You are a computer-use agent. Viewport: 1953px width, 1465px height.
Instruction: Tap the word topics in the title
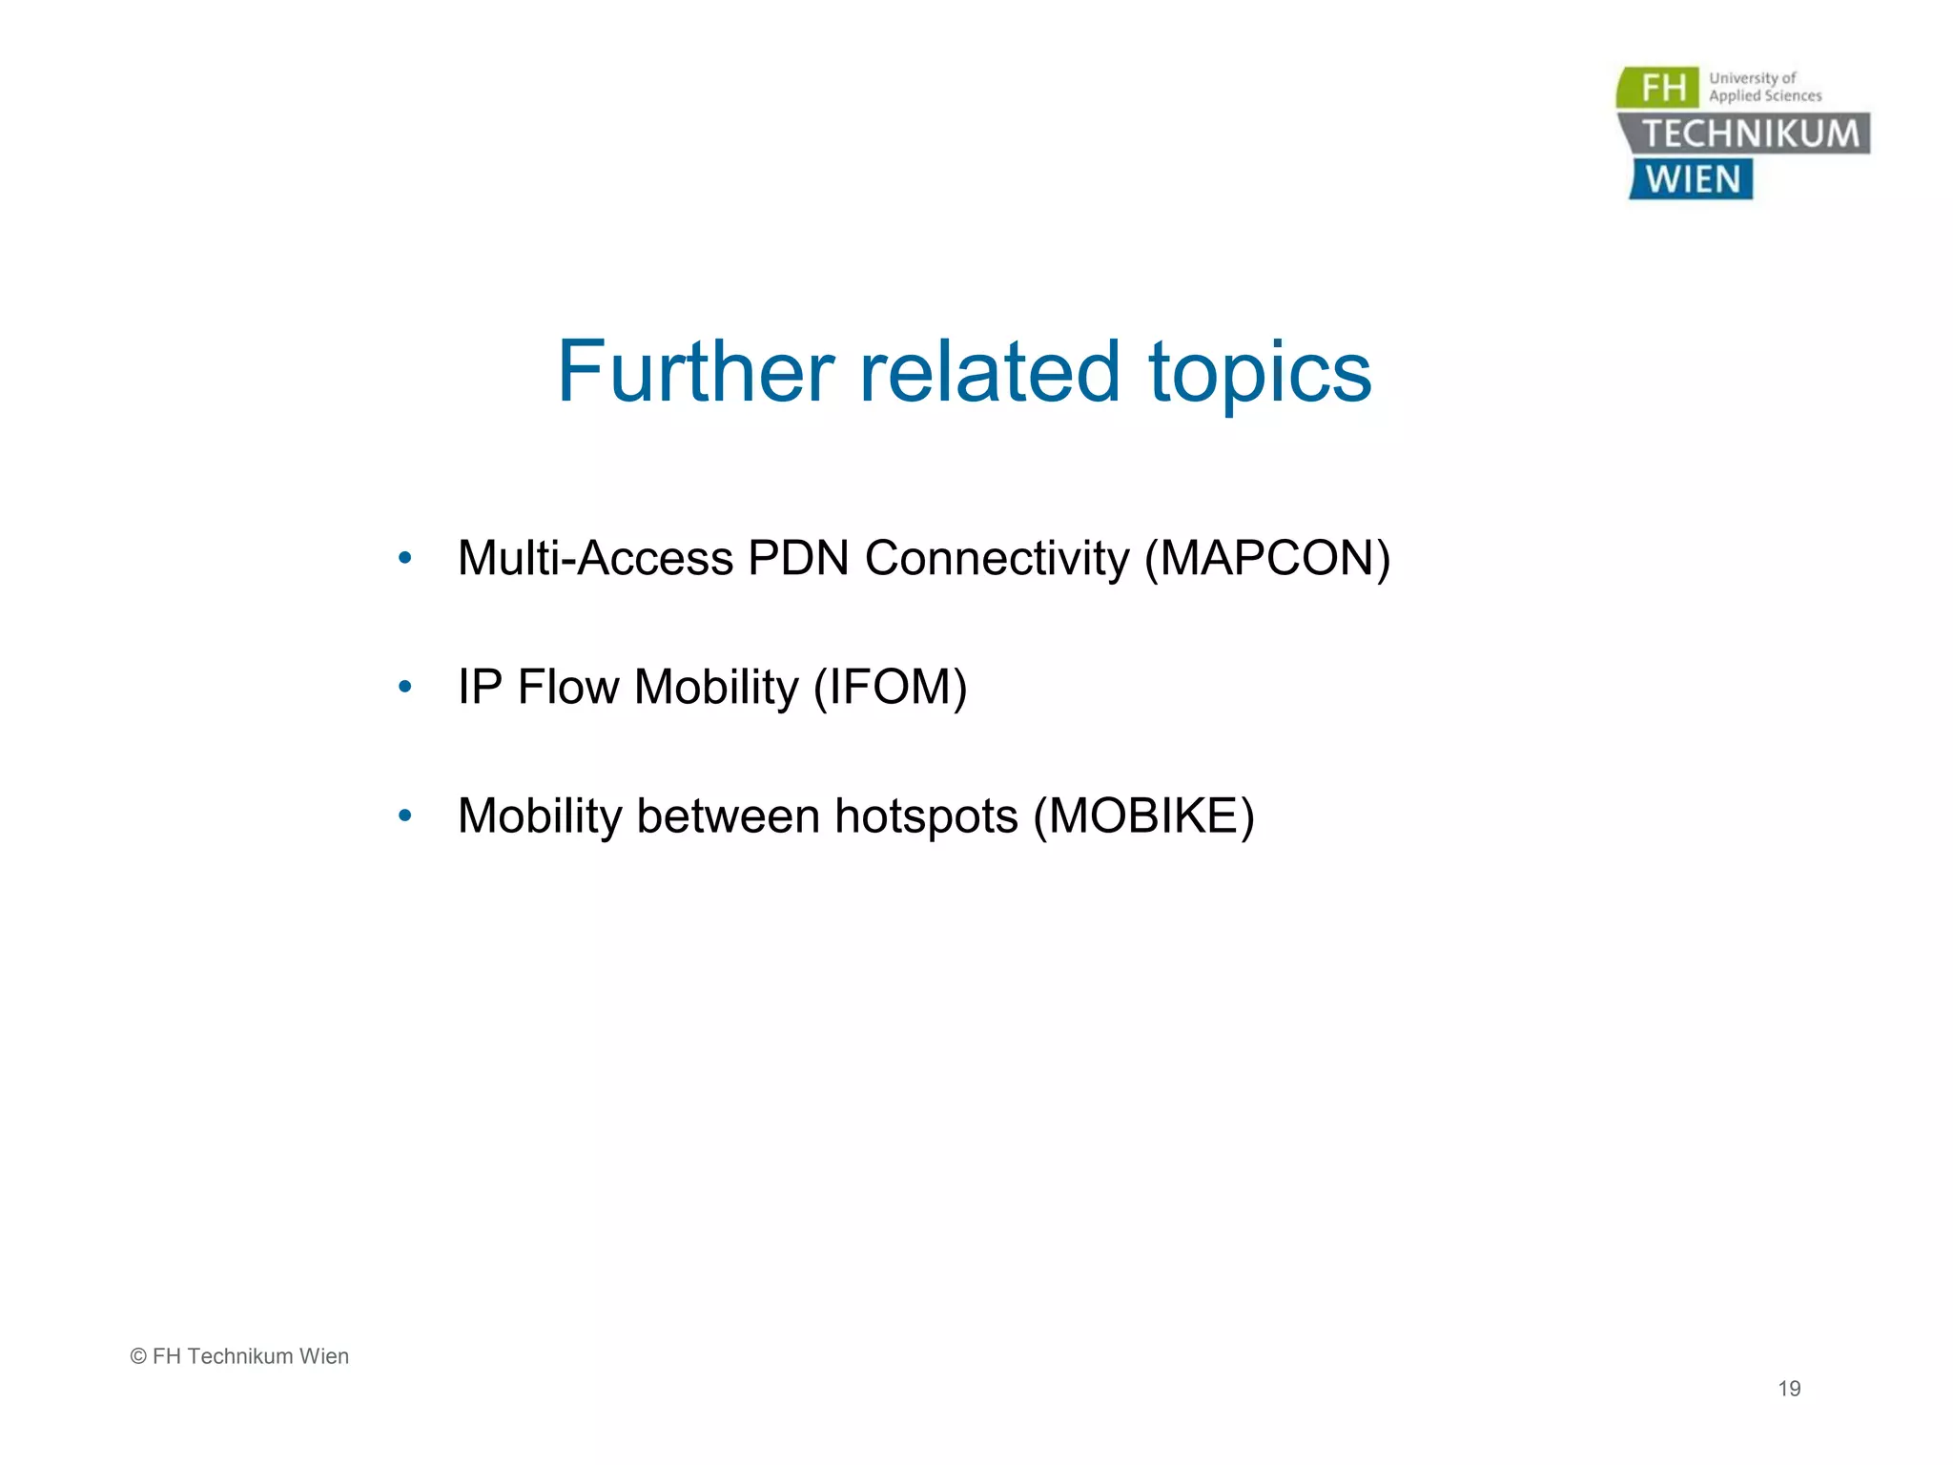(x=1260, y=374)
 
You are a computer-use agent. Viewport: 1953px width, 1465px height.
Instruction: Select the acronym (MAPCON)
(x=1267, y=559)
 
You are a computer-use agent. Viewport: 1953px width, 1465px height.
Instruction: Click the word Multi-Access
(x=595, y=559)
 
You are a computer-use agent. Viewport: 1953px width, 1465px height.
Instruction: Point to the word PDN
(x=798, y=559)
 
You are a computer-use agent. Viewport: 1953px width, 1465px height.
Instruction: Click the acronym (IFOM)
(x=890, y=688)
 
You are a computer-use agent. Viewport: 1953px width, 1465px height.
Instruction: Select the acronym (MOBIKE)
(x=1144, y=816)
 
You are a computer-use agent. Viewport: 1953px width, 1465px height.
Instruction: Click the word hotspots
(x=926, y=817)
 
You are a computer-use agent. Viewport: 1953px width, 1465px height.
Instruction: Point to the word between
(x=728, y=816)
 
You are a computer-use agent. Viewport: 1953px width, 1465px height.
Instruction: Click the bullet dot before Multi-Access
(x=405, y=558)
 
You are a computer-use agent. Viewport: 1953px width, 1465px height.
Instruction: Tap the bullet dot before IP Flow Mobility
(x=405, y=686)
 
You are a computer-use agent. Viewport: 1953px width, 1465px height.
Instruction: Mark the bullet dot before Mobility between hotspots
(x=405, y=815)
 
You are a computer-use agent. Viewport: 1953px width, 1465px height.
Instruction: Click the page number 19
(x=1789, y=1389)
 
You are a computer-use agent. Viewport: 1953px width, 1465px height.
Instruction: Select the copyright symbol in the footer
(x=138, y=1356)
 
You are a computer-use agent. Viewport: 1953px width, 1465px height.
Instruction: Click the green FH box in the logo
(x=1660, y=88)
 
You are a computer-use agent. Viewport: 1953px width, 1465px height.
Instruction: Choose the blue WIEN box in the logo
(x=1692, y=179)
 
